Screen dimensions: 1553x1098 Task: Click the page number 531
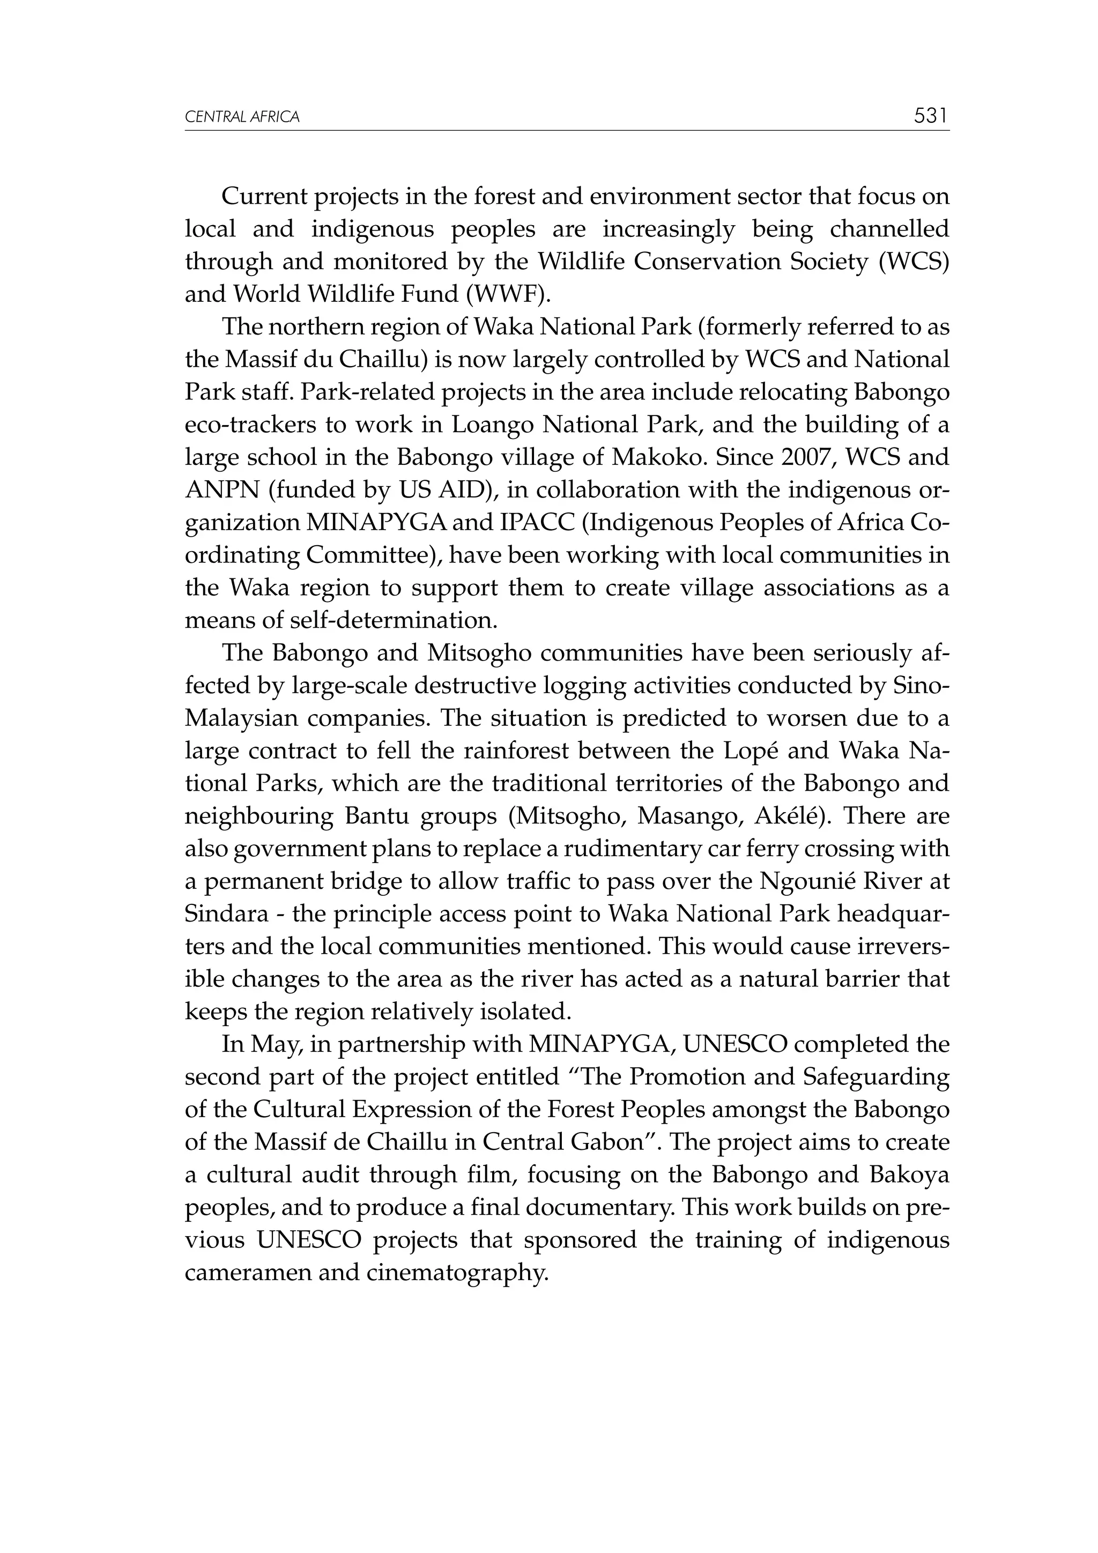point(931,116)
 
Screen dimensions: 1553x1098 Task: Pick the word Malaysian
point(241,718)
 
